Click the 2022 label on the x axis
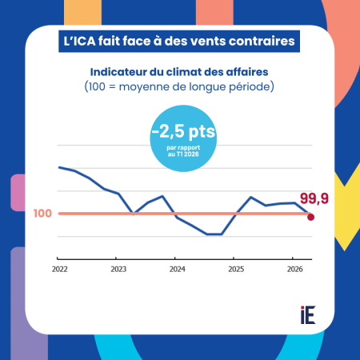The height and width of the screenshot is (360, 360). pos(60,269)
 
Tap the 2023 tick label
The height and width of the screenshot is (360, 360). pos(118,269)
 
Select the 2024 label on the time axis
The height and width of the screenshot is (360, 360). pos(178,269)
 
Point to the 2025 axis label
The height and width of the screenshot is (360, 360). pos(236,269)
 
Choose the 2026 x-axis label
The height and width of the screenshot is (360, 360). pos(295,269)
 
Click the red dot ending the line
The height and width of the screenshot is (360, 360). pos(310,217)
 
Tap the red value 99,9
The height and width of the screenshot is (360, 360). pos(314,198)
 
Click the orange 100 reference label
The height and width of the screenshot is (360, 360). pos(42,214)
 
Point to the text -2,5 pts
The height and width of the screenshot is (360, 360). pos(183,131)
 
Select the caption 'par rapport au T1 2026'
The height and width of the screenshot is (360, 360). pos(183,151)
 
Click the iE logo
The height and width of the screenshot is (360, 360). pos(308,315)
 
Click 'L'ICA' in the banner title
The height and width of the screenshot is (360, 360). pos(79,41)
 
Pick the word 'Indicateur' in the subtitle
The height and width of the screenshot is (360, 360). pos(118,72)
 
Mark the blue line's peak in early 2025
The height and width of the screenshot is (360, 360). pos(251,197)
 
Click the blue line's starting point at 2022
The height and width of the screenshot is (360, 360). pos(59,167)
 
